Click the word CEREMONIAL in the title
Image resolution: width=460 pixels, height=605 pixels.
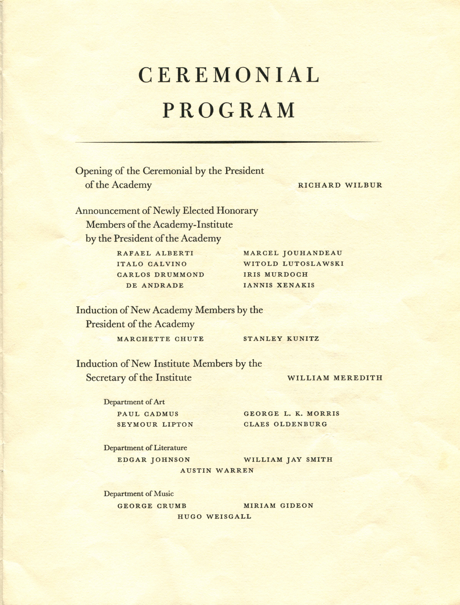click(229, 75)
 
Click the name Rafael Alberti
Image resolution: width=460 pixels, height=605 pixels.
click(155, 253)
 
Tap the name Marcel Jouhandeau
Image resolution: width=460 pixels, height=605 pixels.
click(293, 253)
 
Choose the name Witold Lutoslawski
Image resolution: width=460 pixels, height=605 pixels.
click(294, 264)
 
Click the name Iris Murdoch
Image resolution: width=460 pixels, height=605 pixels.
click(276, 275)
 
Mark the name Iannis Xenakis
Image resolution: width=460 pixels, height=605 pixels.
click(279, 285)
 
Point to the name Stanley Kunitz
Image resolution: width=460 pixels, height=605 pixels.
click(281, 339)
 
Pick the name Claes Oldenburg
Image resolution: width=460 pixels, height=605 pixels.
click(285, 424)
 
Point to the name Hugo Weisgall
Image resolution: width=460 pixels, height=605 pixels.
click(214, 517)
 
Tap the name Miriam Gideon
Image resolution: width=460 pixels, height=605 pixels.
click(278, 506)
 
